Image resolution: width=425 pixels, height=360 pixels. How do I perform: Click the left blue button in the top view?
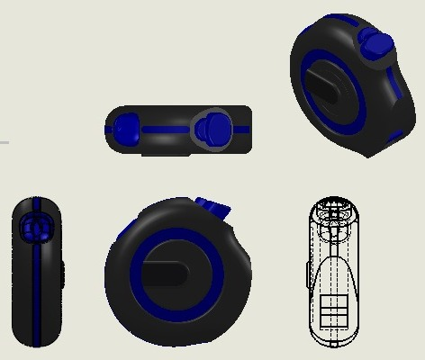click(126, 129)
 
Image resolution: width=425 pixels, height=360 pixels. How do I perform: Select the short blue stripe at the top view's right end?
click(242, 130)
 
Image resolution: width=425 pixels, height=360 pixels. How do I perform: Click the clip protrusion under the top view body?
click(166, 153)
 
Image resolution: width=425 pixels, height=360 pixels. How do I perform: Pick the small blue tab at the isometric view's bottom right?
click(395, 138)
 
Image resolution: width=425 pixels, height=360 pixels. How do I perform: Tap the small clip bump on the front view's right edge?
click(63, 274)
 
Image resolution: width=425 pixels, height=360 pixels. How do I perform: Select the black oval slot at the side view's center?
click(167, 272)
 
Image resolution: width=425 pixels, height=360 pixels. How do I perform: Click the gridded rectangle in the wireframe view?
click(333, 313)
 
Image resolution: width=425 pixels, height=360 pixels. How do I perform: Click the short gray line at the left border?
click(4, 142)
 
